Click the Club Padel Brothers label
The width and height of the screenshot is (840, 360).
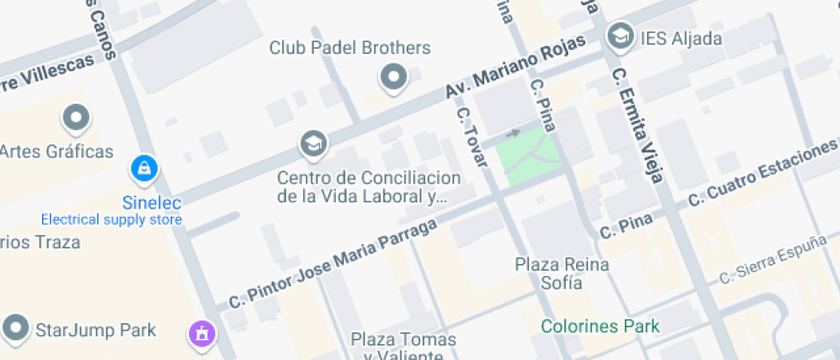pyautogui.click(x=350, y=48)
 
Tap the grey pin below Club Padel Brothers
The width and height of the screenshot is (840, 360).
pyautogui.click(x=393, y=78)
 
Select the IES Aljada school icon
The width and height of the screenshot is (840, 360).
pyautogui.click(x=616, y=37)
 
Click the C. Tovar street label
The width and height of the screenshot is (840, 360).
pyautogui.click(x=475, y=136)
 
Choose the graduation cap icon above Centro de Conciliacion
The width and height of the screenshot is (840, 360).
pyautogui.click(x=313, y=145)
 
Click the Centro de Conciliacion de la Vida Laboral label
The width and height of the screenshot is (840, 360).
pyautogui.click(x=369, y=187)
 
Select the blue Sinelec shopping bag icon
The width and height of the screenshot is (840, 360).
pyautogui.click(x=142, y=169)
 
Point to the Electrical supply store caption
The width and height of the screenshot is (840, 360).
pyautogui.click(x=111, y=219)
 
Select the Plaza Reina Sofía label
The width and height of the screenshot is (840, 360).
pyautogui.click(x=562, y=273)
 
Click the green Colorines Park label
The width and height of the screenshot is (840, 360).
pyautogui.click(x=600, y=327)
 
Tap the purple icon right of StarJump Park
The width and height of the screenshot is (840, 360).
pyautogui.click(x=201, y=332)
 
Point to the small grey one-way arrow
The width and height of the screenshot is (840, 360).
pyautogui.click(x=513, y=133)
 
